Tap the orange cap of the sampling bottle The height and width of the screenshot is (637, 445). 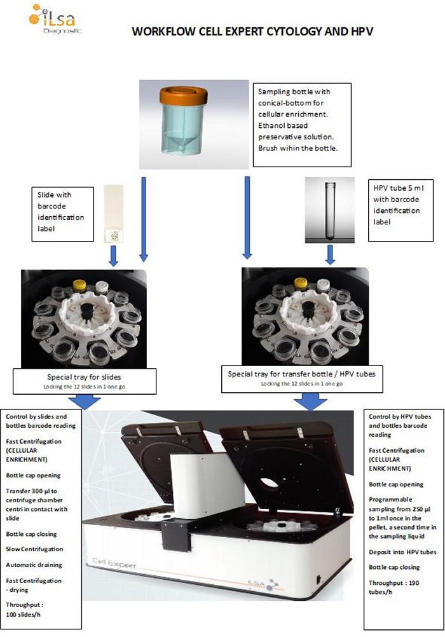click(x=184, y=95)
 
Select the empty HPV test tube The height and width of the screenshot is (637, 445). click(x=330, y=211)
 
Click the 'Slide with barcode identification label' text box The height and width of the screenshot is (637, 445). click(x=63, y=214)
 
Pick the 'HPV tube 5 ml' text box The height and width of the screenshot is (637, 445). click(x=400, y=210)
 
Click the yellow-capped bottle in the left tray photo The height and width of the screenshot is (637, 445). click(x=79, y=285)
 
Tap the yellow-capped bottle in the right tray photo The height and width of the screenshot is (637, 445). click(x=301, y=284)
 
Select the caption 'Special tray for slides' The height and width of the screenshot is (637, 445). click(x=84, y=377)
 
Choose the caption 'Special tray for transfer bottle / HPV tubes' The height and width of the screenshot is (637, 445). click(x=301, y=374)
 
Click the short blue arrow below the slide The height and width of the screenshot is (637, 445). click(x=114, y=256)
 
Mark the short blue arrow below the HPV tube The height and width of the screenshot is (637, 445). click(x=331, y=254)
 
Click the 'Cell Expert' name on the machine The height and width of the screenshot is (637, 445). click(x=114, y=563)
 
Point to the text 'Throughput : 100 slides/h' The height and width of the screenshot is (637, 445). click(x=24, y=610)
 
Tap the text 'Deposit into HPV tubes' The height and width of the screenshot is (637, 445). click(x=402, y=552)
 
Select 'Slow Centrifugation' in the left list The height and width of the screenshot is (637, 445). click(x=34, y=549)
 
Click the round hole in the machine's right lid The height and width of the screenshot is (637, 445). click(x=269, y=483)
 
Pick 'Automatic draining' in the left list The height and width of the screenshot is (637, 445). click(x=34, y=565)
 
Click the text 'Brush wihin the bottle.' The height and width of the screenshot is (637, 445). click(x=298, y=148)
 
